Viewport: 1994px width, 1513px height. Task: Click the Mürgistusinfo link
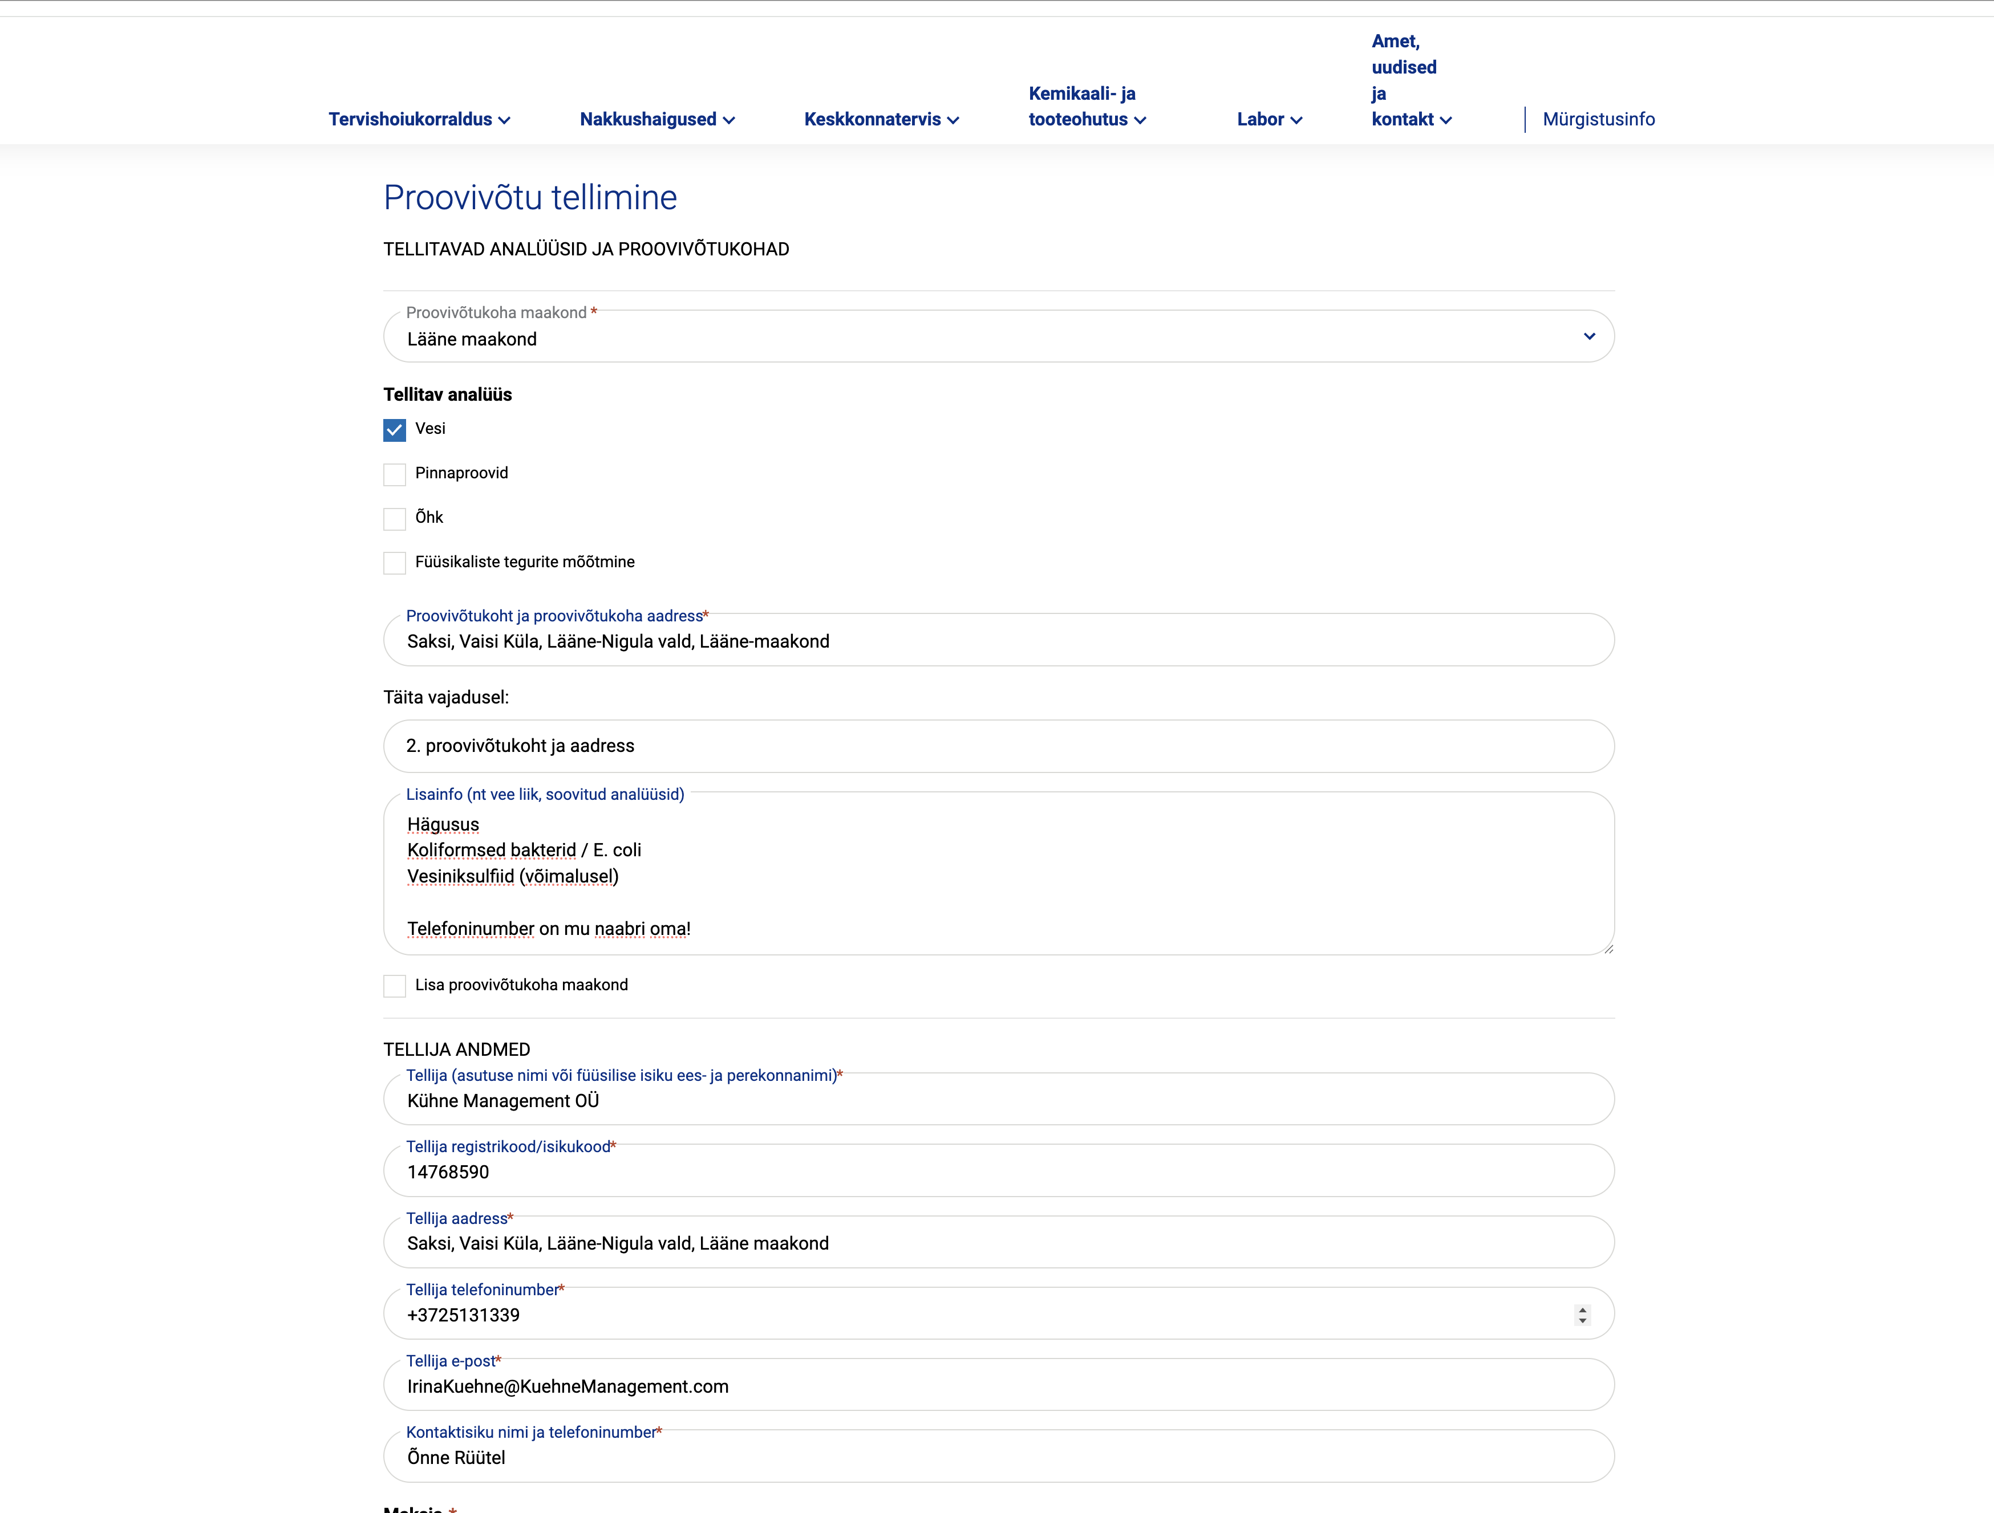1598,119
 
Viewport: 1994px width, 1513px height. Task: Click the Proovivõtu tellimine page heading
530,197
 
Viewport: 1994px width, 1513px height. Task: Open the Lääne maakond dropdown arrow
1588,336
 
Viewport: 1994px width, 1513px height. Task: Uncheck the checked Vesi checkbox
395,430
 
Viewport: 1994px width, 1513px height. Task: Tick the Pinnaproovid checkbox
395,474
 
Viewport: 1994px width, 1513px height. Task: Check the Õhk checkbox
395,518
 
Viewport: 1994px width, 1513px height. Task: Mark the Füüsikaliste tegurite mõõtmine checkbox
395,562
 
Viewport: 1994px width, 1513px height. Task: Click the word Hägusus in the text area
443,824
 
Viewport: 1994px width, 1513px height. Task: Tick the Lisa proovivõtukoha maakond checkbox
395,986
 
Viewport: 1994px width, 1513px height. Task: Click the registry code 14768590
448,1172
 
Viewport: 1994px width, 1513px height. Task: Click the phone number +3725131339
463,1315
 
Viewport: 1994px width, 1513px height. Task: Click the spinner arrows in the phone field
1582,1315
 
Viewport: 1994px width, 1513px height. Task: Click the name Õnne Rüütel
456,1457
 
